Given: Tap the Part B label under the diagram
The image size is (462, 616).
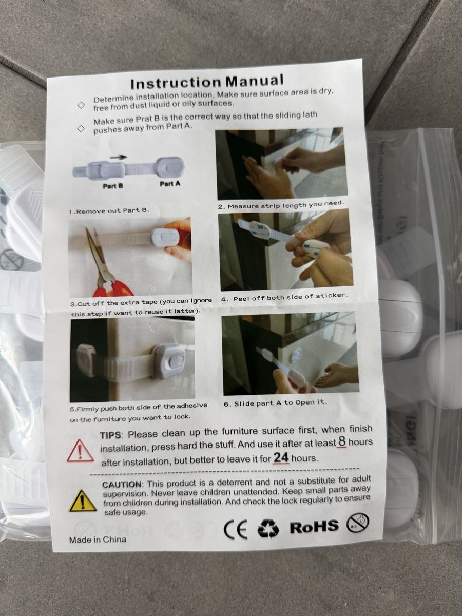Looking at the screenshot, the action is [x=113, y=186].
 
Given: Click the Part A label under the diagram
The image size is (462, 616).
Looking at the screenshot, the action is [x=170, y=184].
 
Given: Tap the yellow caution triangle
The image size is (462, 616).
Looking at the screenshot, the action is [x=83, y=500].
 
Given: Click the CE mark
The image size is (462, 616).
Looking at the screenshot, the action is [x=235, y=529].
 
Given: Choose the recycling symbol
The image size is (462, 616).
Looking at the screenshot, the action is [x=268, y=528].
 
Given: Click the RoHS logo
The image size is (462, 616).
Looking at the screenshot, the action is [x=314, y=526].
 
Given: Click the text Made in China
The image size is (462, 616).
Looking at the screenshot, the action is [x=98, y=540].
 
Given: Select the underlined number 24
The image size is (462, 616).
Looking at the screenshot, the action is [x=281, y=458].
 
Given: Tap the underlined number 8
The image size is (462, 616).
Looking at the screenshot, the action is [x=342, y=441].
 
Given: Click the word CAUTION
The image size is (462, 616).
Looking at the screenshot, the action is [x=122, y=485].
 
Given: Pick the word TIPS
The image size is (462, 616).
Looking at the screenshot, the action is [x=110, y=435].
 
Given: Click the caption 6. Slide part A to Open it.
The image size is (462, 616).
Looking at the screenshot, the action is [x=276, y=403].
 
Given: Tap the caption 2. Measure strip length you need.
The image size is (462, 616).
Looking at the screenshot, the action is [x=281, y=205].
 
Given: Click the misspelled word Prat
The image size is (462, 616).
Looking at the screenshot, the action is [x=144, y=119].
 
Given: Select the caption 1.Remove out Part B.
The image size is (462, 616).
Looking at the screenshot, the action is [x=109, y=211].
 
